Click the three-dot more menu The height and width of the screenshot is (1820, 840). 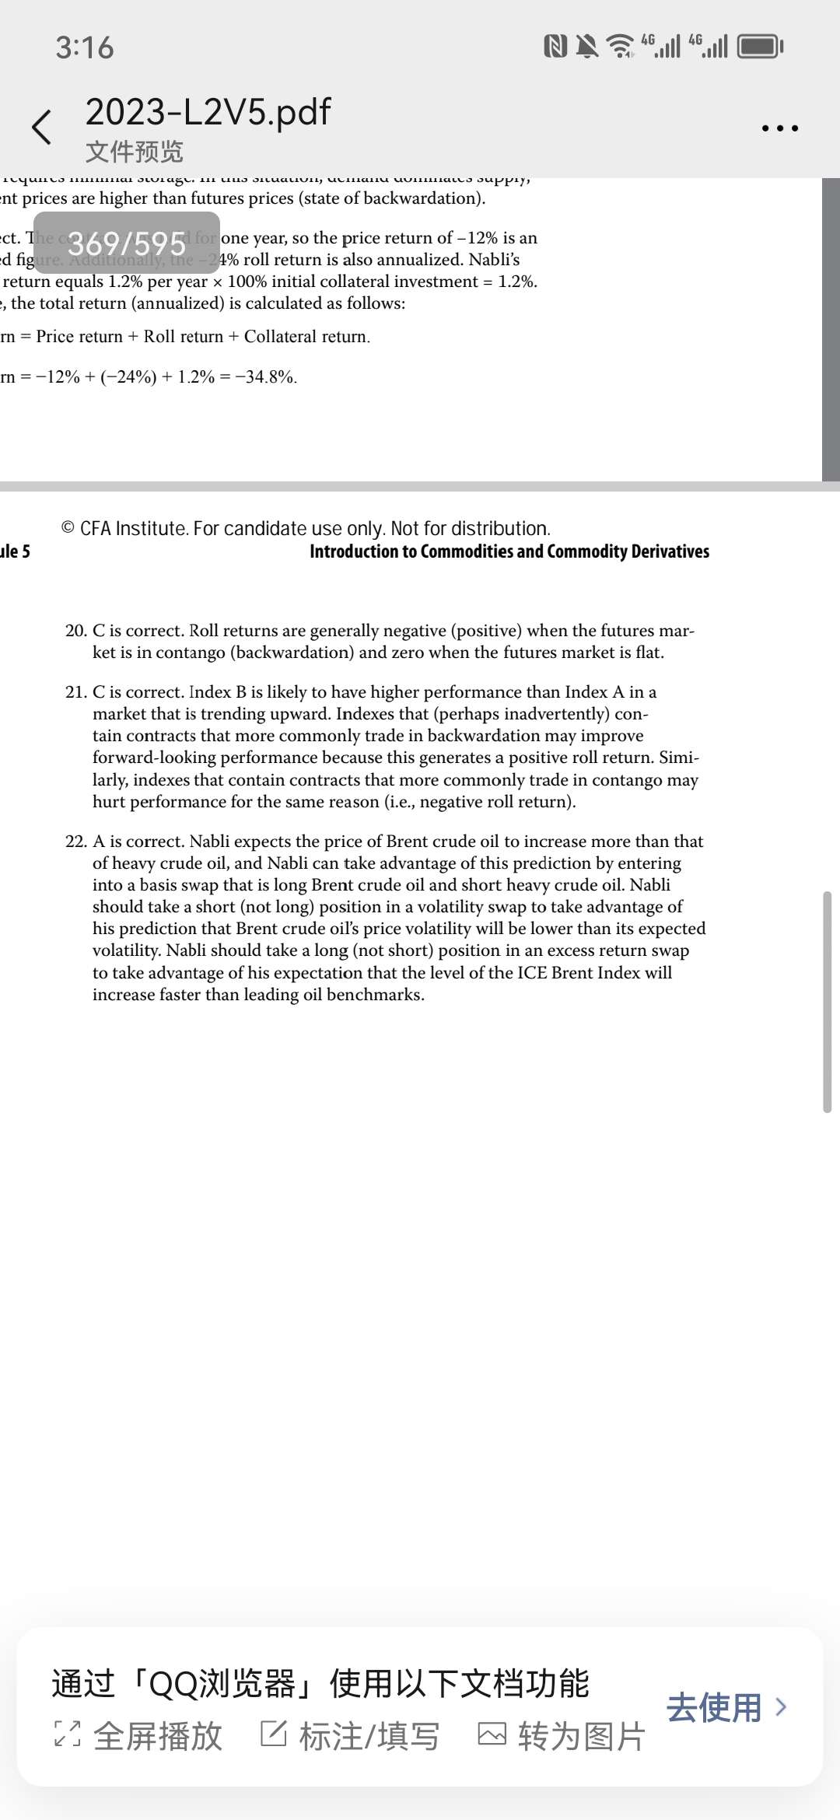pos(779,128)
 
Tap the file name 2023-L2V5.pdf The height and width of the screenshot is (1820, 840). pos(208,112)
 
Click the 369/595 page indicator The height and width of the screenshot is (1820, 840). pos(127,243)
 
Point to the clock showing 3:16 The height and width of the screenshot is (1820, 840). pos(85,47)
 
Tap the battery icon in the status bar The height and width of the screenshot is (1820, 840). pos(760,47)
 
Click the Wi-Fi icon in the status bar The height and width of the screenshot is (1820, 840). pos(620,47)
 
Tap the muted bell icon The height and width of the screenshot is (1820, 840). pos(588,47)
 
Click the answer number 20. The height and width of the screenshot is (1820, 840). pos(75,631)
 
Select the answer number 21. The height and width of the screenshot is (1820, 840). pos(75,692)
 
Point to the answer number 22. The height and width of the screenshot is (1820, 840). pos(75,842)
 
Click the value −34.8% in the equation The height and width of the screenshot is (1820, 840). pos(266,377)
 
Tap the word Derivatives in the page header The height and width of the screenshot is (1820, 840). pos(670,551)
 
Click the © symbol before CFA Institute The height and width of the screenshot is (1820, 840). pos(68,529)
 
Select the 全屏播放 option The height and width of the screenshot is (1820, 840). pos(138,1736)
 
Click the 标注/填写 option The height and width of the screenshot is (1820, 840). pos(350,1736)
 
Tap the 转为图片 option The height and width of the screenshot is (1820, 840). pos(562,1736)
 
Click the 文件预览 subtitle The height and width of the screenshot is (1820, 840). pos(134,152)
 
